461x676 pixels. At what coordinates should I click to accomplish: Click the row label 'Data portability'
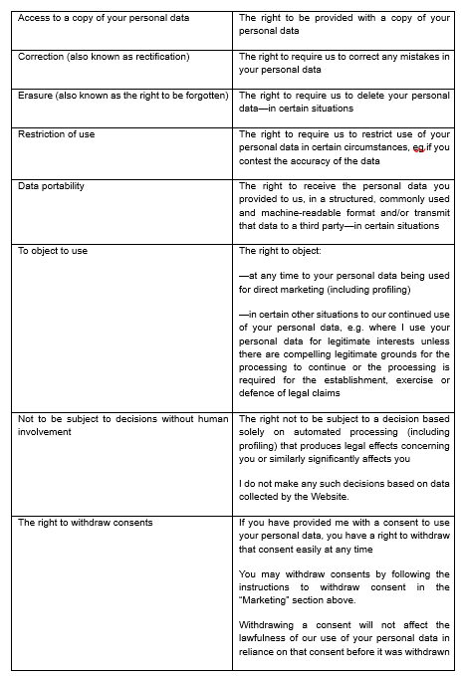pyautogui.click(x=51, y=186)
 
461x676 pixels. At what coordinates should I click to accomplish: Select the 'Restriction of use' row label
pyautogui.click(x=57, y=133)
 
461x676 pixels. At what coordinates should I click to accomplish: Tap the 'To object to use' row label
pyautogui.click(x=53, y=251)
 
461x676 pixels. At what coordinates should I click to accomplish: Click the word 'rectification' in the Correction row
pyautogui.click(x=157, y=57)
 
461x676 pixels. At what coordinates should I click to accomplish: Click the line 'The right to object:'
pyautogui.click(x=280, y=251)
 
